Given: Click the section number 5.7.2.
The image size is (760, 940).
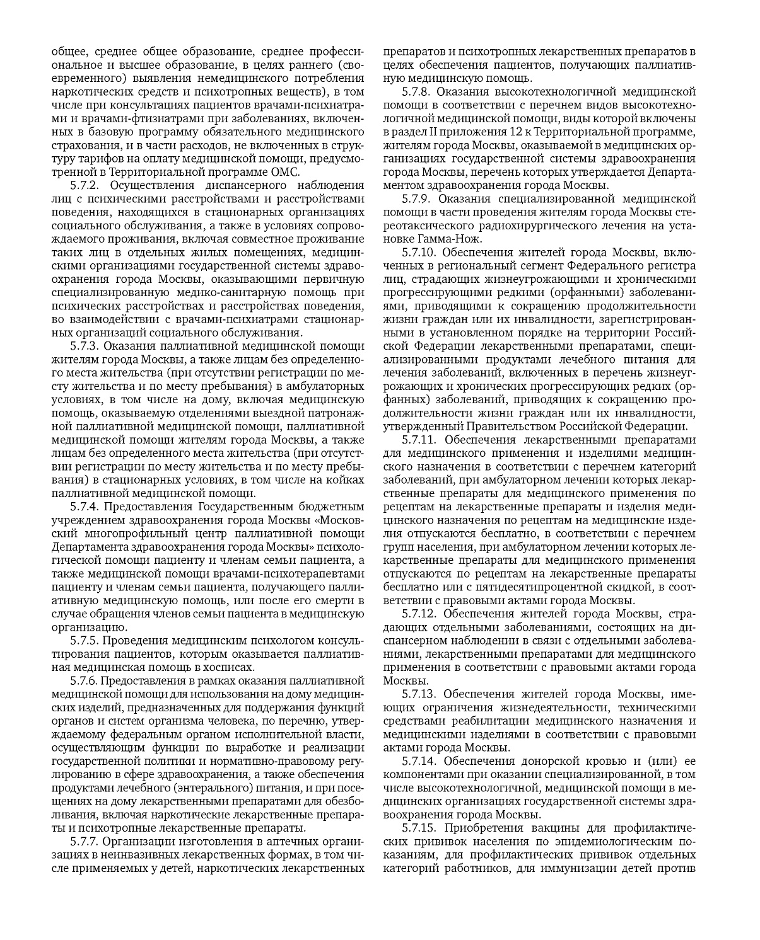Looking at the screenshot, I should pos(85,185).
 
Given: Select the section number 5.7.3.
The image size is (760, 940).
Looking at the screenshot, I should pos(85,346).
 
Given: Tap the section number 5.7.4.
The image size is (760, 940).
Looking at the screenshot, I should pos(85,507).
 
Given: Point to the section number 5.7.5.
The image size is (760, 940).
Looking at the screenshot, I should pos(85,641).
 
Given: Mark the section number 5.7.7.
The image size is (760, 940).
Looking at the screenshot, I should pos(85,842).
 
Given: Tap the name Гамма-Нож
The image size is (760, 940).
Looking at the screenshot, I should pos(450,239).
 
